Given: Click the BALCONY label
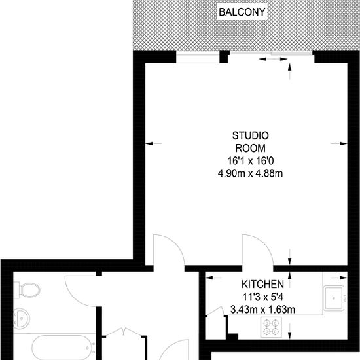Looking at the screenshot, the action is [242, 12].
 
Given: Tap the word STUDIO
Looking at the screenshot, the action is [250, 135].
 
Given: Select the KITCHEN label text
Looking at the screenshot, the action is [262, 285].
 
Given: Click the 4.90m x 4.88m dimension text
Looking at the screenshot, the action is [250, 173].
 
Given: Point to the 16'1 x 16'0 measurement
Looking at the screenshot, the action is [251, 161].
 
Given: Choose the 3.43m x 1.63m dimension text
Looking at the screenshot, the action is [262, 310].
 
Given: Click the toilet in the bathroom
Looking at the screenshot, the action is [27, 290].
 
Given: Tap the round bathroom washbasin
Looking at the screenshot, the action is [22, 319].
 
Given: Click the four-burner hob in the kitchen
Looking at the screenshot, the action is [271, 327].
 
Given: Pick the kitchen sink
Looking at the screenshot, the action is [334, 298].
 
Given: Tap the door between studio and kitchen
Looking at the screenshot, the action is [258, 250].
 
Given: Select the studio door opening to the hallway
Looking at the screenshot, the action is [169, 250].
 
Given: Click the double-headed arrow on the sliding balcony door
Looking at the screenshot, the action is [273, 59].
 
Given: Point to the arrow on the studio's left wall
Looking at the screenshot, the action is [154, 144].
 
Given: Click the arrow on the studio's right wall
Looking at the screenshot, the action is [339, 144].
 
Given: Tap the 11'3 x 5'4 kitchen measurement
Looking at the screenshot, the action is [263, 297].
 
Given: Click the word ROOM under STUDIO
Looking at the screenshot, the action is [251, 149].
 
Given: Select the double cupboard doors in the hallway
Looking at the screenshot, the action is [124, 333].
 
